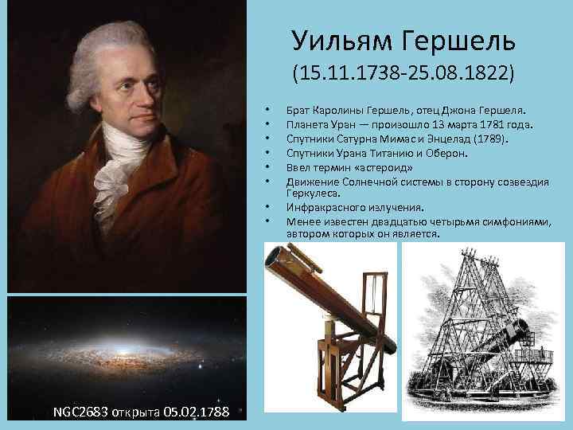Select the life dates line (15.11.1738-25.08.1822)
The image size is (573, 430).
(403, 74)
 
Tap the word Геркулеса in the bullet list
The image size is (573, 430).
(315, 192)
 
